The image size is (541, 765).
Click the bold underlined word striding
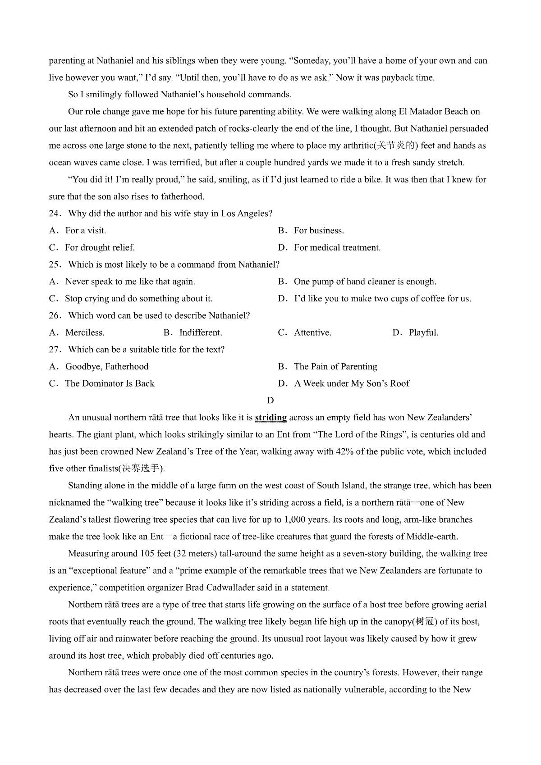(270, 418)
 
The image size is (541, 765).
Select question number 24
(54, 214)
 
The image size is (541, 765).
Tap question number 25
(54, 264)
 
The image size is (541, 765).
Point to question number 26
(54, 315)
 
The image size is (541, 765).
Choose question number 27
(54, 350)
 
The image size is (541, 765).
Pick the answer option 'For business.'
(318, 231)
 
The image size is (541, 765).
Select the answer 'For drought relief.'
(100, 248)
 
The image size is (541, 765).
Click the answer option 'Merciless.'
(85, 333)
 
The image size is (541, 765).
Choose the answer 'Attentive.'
(312, 333)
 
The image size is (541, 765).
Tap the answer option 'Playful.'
(423, 333)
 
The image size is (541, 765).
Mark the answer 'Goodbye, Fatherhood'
(107, 367)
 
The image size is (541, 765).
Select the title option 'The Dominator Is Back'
(110, 384)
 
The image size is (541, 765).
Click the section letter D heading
(270, 401)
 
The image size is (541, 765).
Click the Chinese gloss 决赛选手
(141, 469)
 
